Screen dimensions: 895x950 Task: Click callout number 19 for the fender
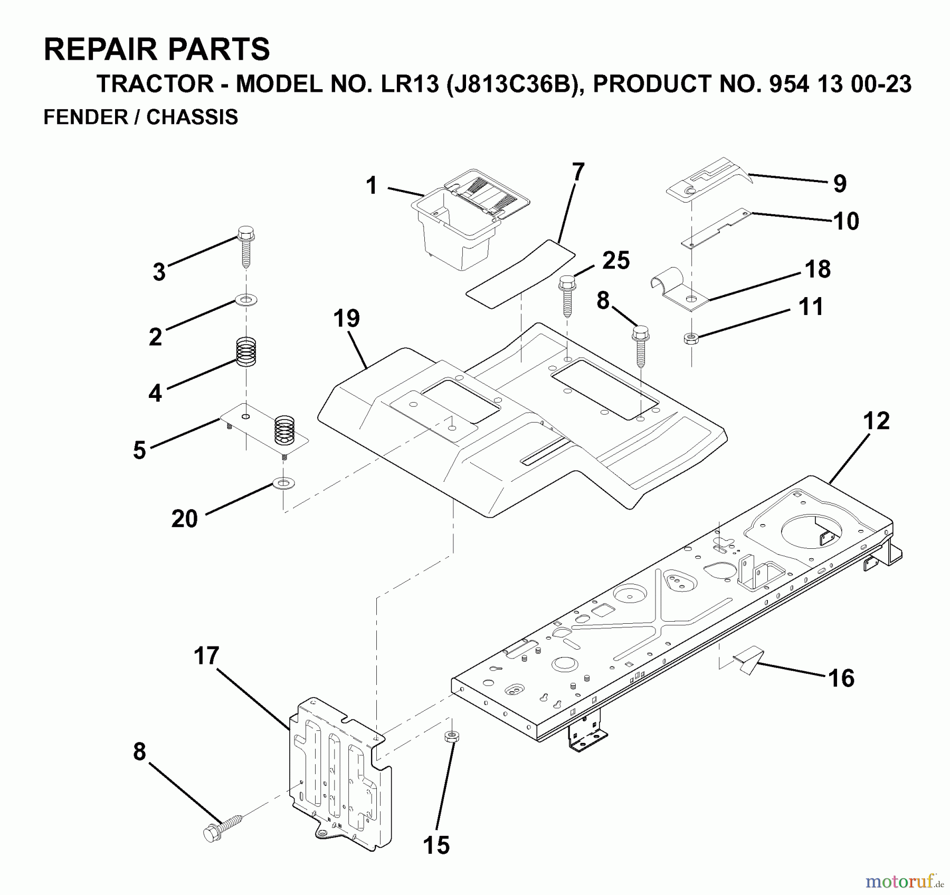click(346, 319)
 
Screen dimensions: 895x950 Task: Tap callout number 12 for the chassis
click(877, 421)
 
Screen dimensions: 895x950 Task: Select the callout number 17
click(206, 656)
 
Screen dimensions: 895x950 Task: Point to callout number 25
click(615, 261)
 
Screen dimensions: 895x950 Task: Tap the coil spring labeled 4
click(246, 351)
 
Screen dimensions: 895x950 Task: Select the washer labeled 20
click(284, 483)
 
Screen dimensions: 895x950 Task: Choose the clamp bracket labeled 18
click(681, 293)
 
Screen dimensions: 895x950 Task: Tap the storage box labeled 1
click(459, 232)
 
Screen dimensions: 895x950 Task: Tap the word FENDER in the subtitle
click(85, 117)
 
